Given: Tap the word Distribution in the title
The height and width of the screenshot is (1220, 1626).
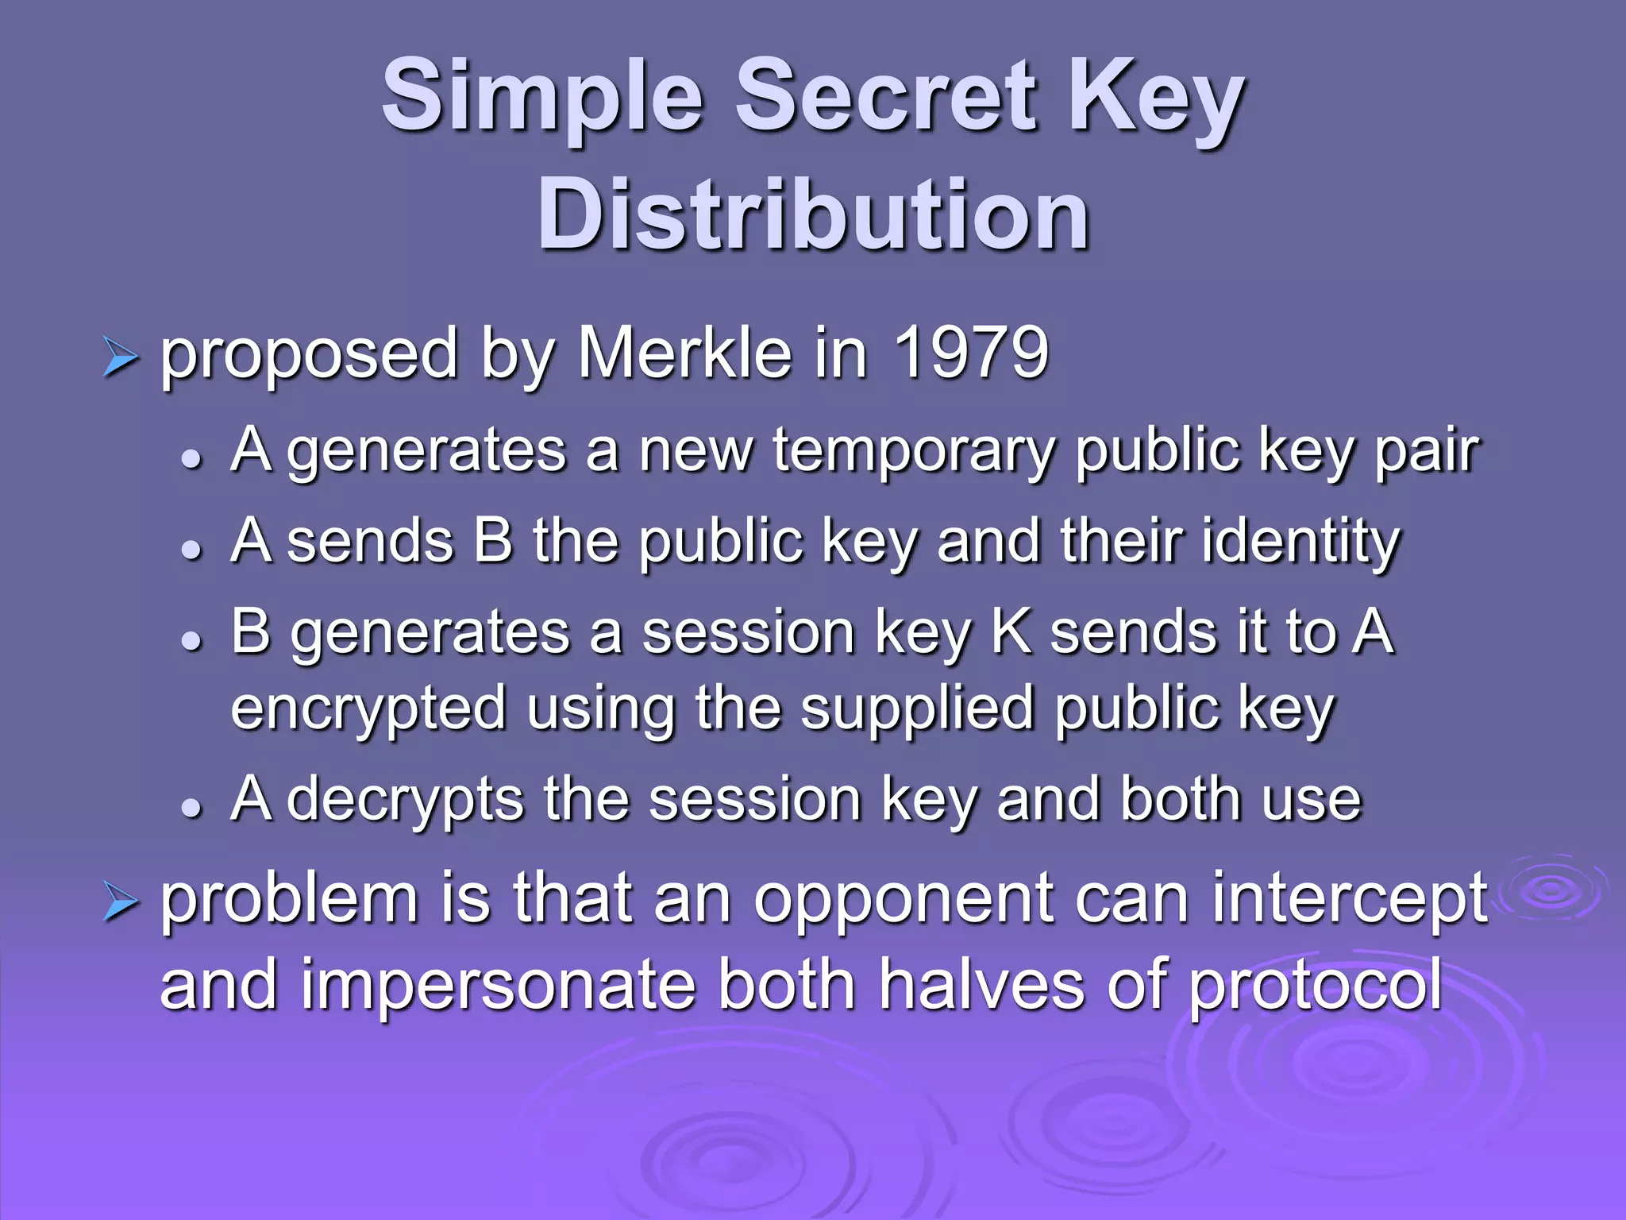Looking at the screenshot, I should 813,214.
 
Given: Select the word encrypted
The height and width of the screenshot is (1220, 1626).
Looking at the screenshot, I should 368,708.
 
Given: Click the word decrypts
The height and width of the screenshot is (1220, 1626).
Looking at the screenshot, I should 405,801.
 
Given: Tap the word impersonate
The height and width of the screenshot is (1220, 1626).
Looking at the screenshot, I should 499,985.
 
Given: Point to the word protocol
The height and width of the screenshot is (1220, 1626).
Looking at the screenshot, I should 1316,985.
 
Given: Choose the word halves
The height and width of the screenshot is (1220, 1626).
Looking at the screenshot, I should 981,985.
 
